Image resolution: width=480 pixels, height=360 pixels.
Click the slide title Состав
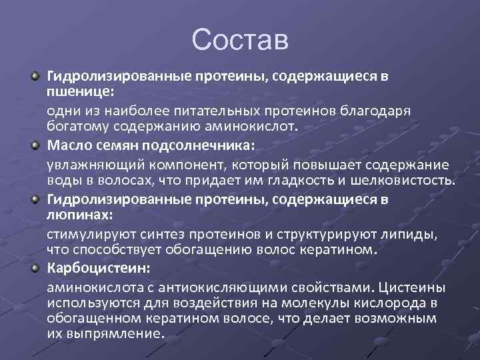click(239, 39)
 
